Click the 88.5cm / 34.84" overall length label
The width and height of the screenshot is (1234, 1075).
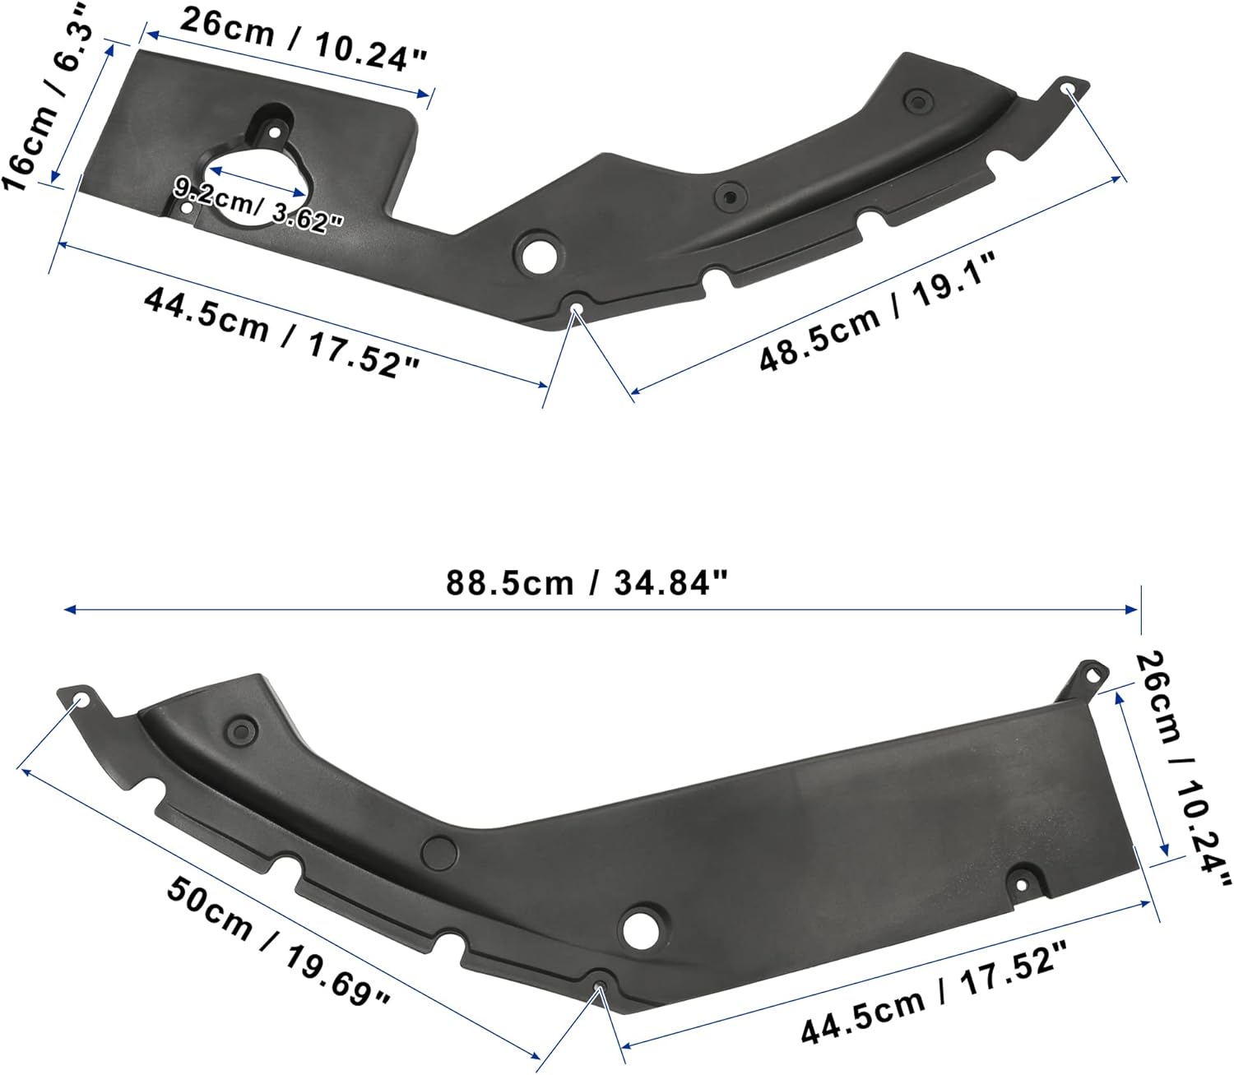[587, 583]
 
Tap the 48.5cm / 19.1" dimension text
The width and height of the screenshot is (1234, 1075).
[878, 313]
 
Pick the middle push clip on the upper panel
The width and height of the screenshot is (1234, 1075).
[727, 197]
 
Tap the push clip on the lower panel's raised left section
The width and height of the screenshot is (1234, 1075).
[241, 732]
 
